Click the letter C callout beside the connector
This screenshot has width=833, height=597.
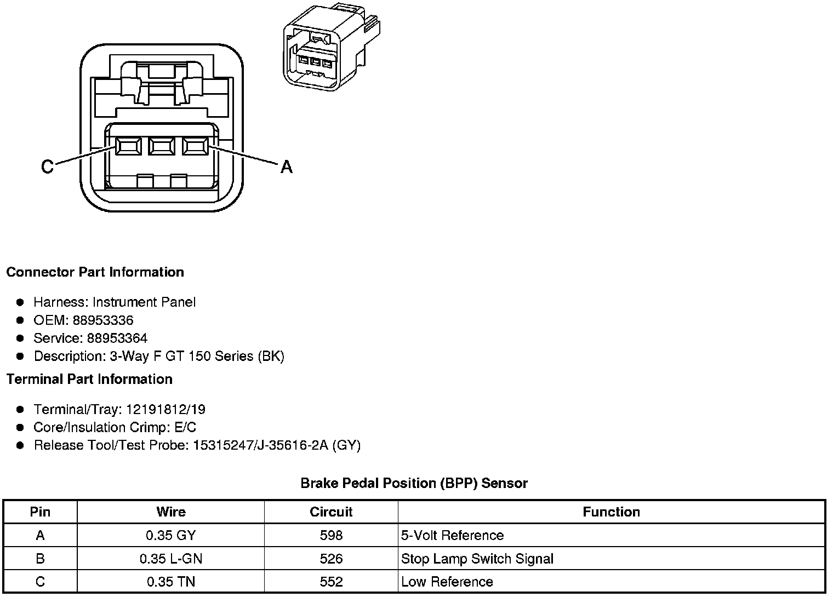coord(47,166)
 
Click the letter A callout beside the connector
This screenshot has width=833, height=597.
coord(286,166)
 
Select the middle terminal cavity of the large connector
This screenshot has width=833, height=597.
coord(161,146)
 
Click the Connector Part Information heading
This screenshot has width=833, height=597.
coord(95,272)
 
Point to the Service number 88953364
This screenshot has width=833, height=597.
coord(117,338)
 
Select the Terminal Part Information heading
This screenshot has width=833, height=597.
coord(89,379)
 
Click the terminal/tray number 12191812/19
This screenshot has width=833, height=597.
coord(166,410)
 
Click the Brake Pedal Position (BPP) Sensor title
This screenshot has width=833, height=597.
coord(414,483)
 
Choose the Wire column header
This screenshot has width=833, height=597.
coord(171,512)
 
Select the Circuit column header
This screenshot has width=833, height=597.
coord(331,512)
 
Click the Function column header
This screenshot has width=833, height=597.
coord(611,512)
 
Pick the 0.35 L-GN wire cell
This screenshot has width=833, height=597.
coord(171,559)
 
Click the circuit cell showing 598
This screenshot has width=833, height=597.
coord(331,535)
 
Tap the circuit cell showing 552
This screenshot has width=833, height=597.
coord(331,582)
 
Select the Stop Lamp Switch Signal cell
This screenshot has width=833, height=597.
coord(477,559)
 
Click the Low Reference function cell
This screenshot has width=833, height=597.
coord(447,582)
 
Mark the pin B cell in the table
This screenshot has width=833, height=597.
coord(40,559)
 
